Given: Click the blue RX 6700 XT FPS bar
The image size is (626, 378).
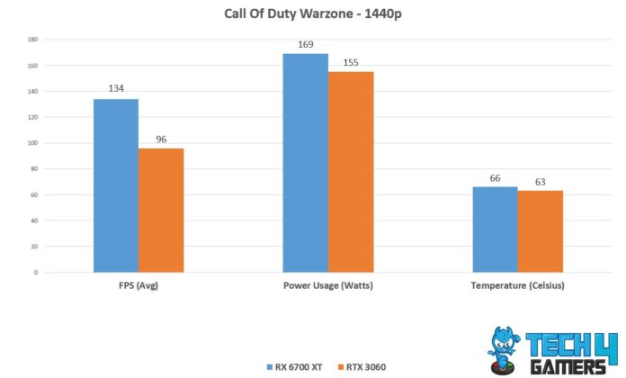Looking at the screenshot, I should (116, 185).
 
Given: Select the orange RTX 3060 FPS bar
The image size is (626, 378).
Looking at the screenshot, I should (161, 210).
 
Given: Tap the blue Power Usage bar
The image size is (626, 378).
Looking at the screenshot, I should (305, 163).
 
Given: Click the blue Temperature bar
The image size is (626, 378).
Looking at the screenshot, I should (495, 229).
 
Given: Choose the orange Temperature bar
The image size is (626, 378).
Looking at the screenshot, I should (540, 231).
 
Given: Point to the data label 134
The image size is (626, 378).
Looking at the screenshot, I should (116, 89).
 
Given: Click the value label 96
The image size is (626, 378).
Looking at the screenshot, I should (161, 139).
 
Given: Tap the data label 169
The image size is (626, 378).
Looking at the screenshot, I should (305, 44).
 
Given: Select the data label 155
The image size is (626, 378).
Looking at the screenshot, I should (351, 62).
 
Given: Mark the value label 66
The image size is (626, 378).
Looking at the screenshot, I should (495, 178).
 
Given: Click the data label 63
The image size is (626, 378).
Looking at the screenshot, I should (540, 182).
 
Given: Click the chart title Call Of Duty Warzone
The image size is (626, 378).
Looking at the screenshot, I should (312, 14).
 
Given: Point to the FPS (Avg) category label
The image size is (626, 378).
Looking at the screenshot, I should (139, 286).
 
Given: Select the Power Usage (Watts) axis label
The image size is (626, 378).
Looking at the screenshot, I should (327, 286).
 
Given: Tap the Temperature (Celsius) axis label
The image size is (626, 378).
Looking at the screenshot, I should (517, 286).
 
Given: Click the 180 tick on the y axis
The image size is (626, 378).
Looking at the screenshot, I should (32, 40).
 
